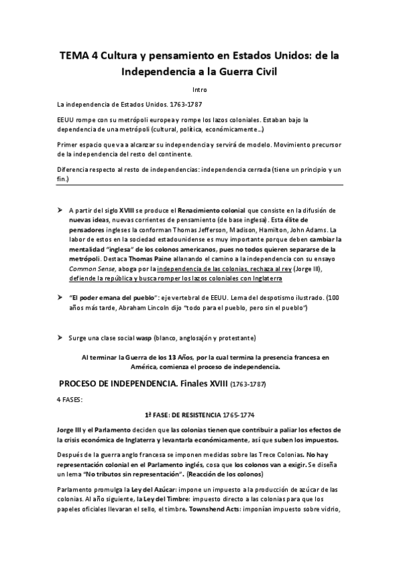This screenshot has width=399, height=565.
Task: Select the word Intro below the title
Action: [199, 89]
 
